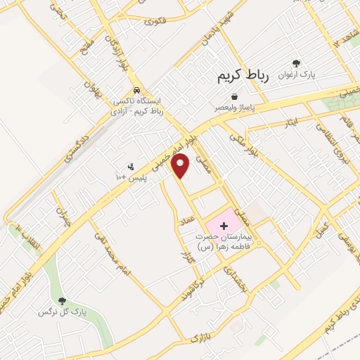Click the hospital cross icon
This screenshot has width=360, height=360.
[x=224, y=226]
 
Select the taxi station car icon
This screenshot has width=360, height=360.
[x=137, y=90]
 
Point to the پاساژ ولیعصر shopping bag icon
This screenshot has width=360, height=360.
[x=234, y=96]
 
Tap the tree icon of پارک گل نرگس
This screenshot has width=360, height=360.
[x=63, y=301]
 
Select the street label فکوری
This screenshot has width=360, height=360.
[x=154, y=22]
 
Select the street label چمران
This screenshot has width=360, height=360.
[x=64, y=205]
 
